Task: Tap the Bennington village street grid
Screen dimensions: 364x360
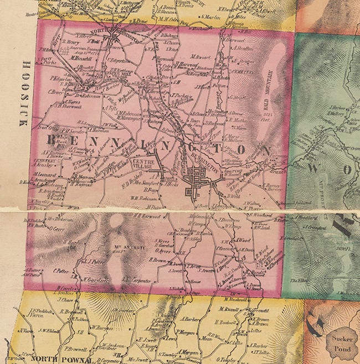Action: [196, 182]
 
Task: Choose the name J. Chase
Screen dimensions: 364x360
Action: [65, 300]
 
